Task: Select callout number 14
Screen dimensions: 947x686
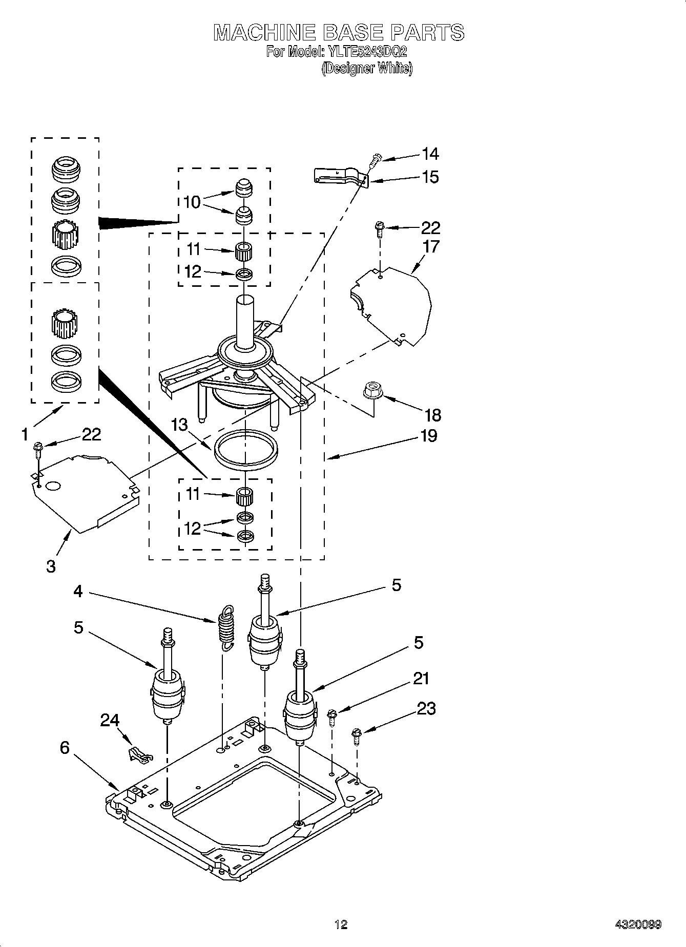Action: (430, 154)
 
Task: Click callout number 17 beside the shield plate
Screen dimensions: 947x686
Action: (431, 246)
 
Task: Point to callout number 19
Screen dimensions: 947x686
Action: (428, 436)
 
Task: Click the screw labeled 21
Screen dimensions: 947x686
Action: (332, 717)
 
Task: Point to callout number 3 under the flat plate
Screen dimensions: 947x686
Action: (51, 566)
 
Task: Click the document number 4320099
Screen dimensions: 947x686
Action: (638, 924)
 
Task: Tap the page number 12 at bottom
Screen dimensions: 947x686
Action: (341, 924)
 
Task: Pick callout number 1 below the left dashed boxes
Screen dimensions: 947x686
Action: (25, 435)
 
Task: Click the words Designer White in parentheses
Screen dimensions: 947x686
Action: (367, 68)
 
